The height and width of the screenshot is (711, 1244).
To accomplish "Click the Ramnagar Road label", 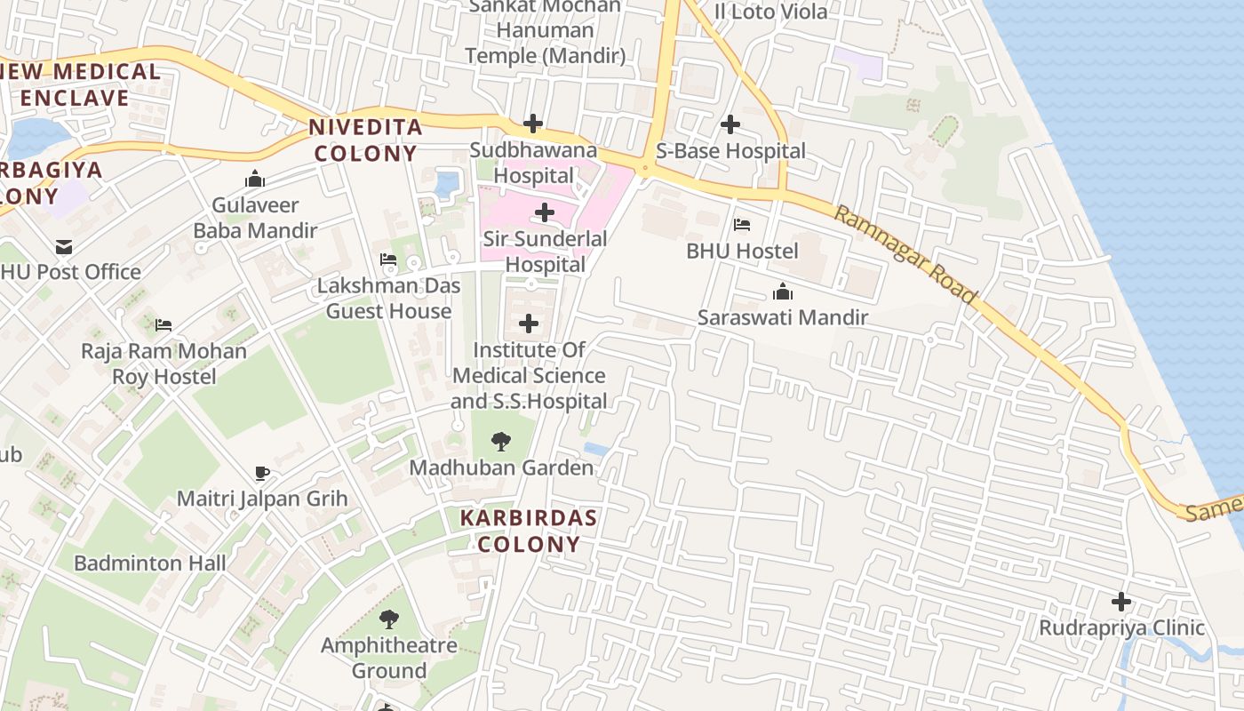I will [905, 254].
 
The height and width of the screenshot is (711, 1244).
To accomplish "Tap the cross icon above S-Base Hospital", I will [730, 124].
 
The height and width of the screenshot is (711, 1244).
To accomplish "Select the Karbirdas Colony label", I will [529, 531].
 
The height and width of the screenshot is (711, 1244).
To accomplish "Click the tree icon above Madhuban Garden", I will [501, 441].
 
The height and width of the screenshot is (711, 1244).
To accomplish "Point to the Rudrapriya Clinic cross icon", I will [1121, 602].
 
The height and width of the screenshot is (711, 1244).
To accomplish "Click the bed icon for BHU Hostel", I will [742, 225].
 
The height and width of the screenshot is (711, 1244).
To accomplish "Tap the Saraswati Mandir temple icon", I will [782, 292].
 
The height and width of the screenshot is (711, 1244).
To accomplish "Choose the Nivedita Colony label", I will [365, 140].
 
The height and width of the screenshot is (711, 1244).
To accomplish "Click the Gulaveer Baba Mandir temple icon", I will [255, 180].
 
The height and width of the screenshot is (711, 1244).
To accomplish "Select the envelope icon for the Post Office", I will [63, 246].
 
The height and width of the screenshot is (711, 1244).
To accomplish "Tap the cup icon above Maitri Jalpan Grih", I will [261, 473].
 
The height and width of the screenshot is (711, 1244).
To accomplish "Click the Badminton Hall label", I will [149, 563].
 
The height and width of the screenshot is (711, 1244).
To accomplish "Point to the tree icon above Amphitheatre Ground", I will [388, 619].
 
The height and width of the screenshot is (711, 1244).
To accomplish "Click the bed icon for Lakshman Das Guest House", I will [388, 260].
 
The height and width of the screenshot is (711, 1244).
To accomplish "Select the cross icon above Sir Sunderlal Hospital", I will [545, 212].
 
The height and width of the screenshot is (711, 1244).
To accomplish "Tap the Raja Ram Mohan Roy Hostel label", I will [163, 363].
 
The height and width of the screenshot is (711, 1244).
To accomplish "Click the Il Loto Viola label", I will [770, 12].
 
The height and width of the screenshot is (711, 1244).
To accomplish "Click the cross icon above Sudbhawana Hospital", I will [533, 123].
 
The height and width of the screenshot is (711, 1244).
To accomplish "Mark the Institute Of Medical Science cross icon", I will [529, 324].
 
